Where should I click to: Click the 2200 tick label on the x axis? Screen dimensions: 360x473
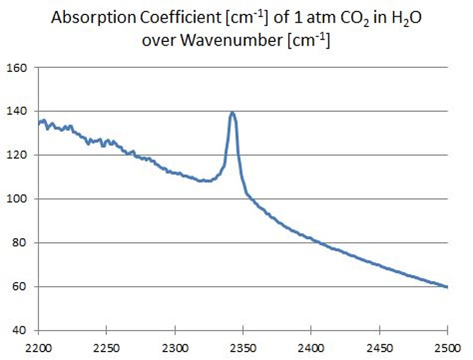pyautogui.click(x=38, y=346)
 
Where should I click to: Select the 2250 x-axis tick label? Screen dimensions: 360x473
pyautogui.click(x=106, y=346)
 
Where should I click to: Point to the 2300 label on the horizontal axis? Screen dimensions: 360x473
pyautogui.click(x=174, y=346)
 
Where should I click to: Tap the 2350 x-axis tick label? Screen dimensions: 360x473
pyautogui.click(x=243, y=346)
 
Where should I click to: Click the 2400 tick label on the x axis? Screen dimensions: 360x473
pyautogui.click(x=310, y=346)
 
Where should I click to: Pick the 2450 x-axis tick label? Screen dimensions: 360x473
pyautogui.click(x=379, y=346)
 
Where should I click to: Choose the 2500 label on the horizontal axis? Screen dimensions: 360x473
pyautogui.click(x=447, y=346)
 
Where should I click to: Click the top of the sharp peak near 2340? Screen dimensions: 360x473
pyautogui.click(x=232, y=112)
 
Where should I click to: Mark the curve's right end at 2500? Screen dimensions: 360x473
pyautogui.click(x=447, y=287)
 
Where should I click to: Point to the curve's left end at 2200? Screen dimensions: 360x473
pyautogui.click(x=38, y=123)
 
